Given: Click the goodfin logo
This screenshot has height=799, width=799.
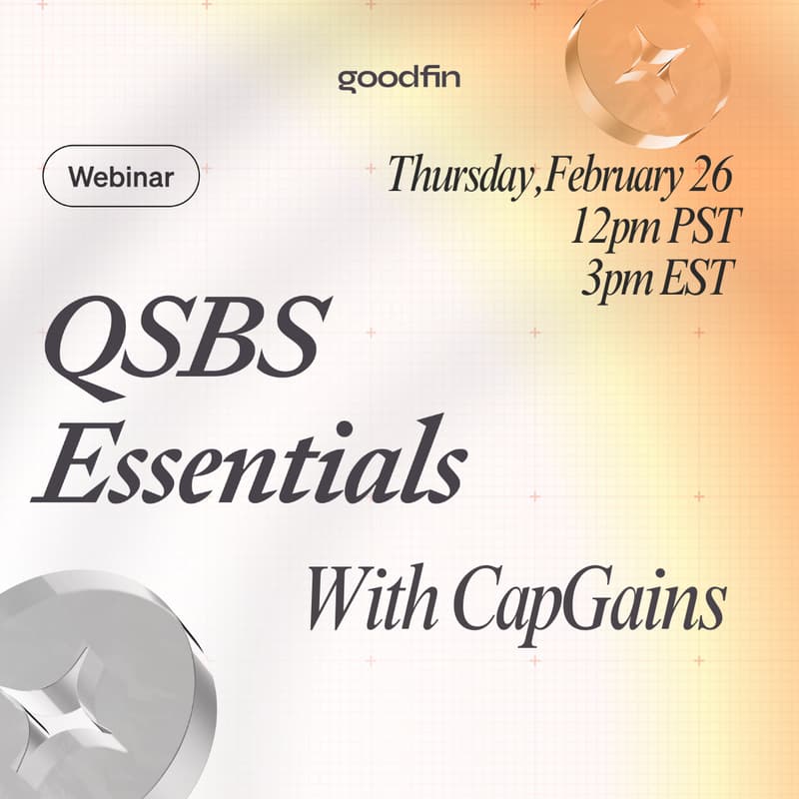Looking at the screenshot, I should pyautogui.click(x=399, y=78).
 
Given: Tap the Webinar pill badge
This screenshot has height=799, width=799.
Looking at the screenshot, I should pyautogui.click(x=121, y=178).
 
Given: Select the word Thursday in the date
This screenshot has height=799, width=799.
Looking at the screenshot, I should pyautogui.click(x=457, y=176).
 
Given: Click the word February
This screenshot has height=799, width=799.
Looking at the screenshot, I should pyautogui.click(x=606, y=178).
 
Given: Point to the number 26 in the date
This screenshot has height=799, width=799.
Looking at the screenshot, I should pyautogui.click(x=711, y=176).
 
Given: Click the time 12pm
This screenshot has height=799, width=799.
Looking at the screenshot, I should pyautogui.click(x=613, y=228).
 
